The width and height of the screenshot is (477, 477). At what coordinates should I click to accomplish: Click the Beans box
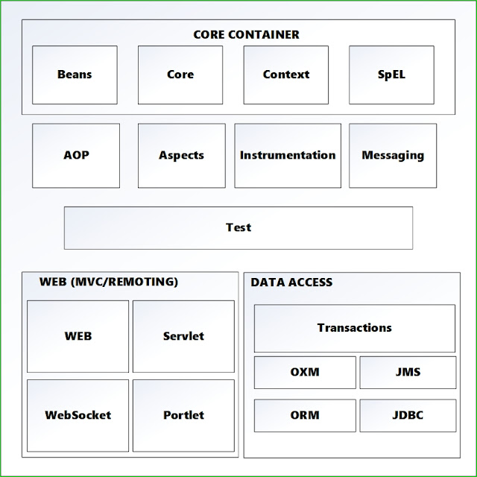[x=75, y=75]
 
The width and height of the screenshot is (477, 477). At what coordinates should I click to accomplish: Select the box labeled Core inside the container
[x=180, y=75]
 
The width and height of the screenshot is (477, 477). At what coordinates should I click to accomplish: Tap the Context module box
[x=286, y=75]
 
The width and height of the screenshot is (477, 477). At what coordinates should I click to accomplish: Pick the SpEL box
[x=391, y=75]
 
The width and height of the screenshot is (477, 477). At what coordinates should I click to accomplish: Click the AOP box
[x=76, y=155]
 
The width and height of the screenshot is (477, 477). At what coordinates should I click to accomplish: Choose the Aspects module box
[x=181, y=155]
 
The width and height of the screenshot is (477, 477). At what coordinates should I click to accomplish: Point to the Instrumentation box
[x=288, y=155]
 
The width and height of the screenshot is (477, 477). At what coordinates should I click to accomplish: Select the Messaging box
[x=393, y=155]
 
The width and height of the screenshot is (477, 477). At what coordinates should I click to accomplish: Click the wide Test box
[x=238, y=227]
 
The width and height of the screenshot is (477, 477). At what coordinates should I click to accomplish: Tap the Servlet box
[x=183, y=336]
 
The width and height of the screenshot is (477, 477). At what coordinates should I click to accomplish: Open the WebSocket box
[x=78, y=415]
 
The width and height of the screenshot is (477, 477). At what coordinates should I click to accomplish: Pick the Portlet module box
[x=183, y=415]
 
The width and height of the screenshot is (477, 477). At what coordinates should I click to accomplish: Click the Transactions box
[x=354, y=328]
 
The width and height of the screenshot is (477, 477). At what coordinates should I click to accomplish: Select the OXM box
[x=305, y=372]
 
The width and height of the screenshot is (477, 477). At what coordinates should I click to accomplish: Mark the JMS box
[x=408, y=372]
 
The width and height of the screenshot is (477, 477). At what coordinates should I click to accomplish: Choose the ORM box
[x=305, y=415]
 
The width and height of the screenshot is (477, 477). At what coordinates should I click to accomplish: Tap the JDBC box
[x=408, y=415]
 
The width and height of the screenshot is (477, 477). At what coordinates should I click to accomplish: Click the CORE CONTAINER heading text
[x=246, y=34]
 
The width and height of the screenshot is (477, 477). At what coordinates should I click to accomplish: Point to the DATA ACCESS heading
[x=291, y=282]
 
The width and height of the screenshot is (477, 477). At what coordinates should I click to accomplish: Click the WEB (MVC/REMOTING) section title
[x=109, y=282]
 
